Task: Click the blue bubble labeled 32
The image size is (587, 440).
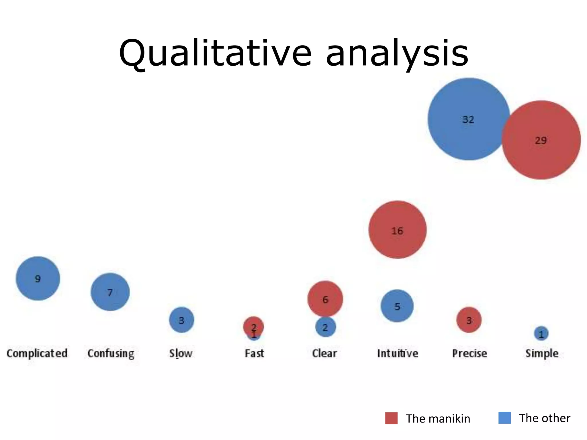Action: tap(469, 119)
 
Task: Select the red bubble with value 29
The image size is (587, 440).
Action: tap(541, 140)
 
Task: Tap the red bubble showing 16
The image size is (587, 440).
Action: tap(398, 230)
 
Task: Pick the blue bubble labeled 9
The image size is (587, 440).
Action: tap(38, 278)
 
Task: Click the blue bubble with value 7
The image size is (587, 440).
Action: tap(110, 292)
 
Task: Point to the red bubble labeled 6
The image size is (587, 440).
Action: tap(325, 299)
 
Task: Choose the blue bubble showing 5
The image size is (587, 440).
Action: tap(397, 306)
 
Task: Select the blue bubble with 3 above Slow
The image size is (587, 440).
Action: tap(181, 320)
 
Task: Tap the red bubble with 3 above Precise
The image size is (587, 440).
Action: tap(469, 320)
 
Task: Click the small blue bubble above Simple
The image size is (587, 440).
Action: tap(541, 334)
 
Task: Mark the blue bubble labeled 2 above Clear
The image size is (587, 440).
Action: tap(326, 327)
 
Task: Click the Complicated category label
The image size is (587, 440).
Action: tap(37, 353)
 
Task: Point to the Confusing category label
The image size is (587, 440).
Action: tap(111, 353)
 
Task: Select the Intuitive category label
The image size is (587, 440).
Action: tap(398, 353)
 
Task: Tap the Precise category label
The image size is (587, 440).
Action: tap(469, 353)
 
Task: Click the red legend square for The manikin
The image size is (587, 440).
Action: tap(391, 418)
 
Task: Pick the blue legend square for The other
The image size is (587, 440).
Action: tap(504, 418)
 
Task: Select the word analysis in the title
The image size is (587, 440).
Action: tap(397, 54)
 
